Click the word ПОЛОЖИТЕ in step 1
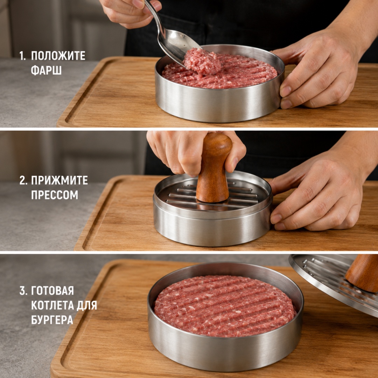(58, 56)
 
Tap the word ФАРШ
(46, 70)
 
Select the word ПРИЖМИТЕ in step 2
(59, 180)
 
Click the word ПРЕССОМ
(55, 195)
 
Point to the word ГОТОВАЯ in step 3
(52, 291)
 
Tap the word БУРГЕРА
(52, 320)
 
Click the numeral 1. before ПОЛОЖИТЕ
(22, 56)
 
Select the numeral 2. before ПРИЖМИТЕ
(23, 180)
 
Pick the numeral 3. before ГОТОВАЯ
(23, 291)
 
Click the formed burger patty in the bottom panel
(225, 306)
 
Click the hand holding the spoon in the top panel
(130, 12)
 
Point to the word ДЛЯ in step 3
(87, 305)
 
